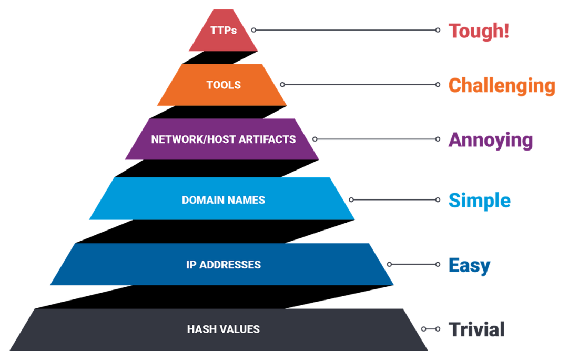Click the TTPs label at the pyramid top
click(224, 31)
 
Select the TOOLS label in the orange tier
click(224, 85)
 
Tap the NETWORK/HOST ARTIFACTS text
click(224, 139)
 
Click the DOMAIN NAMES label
click(224, 200)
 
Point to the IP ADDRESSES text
click(224, 265)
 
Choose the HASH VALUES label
click(224, 329)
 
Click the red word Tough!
click(479, 31)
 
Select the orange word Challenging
click(502, 85)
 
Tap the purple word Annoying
click(491, 140)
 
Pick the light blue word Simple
click(479, 201)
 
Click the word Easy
click(469, 265)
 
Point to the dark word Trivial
click(477, 329)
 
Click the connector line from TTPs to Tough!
click(345, 31)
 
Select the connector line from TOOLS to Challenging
click(360, 84)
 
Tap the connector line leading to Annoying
click(376, 139)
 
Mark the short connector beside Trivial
click(431, 329)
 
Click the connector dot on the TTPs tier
click(253, 31)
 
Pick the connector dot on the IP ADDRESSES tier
click(389, 264)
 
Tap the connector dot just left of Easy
click(437, 264)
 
